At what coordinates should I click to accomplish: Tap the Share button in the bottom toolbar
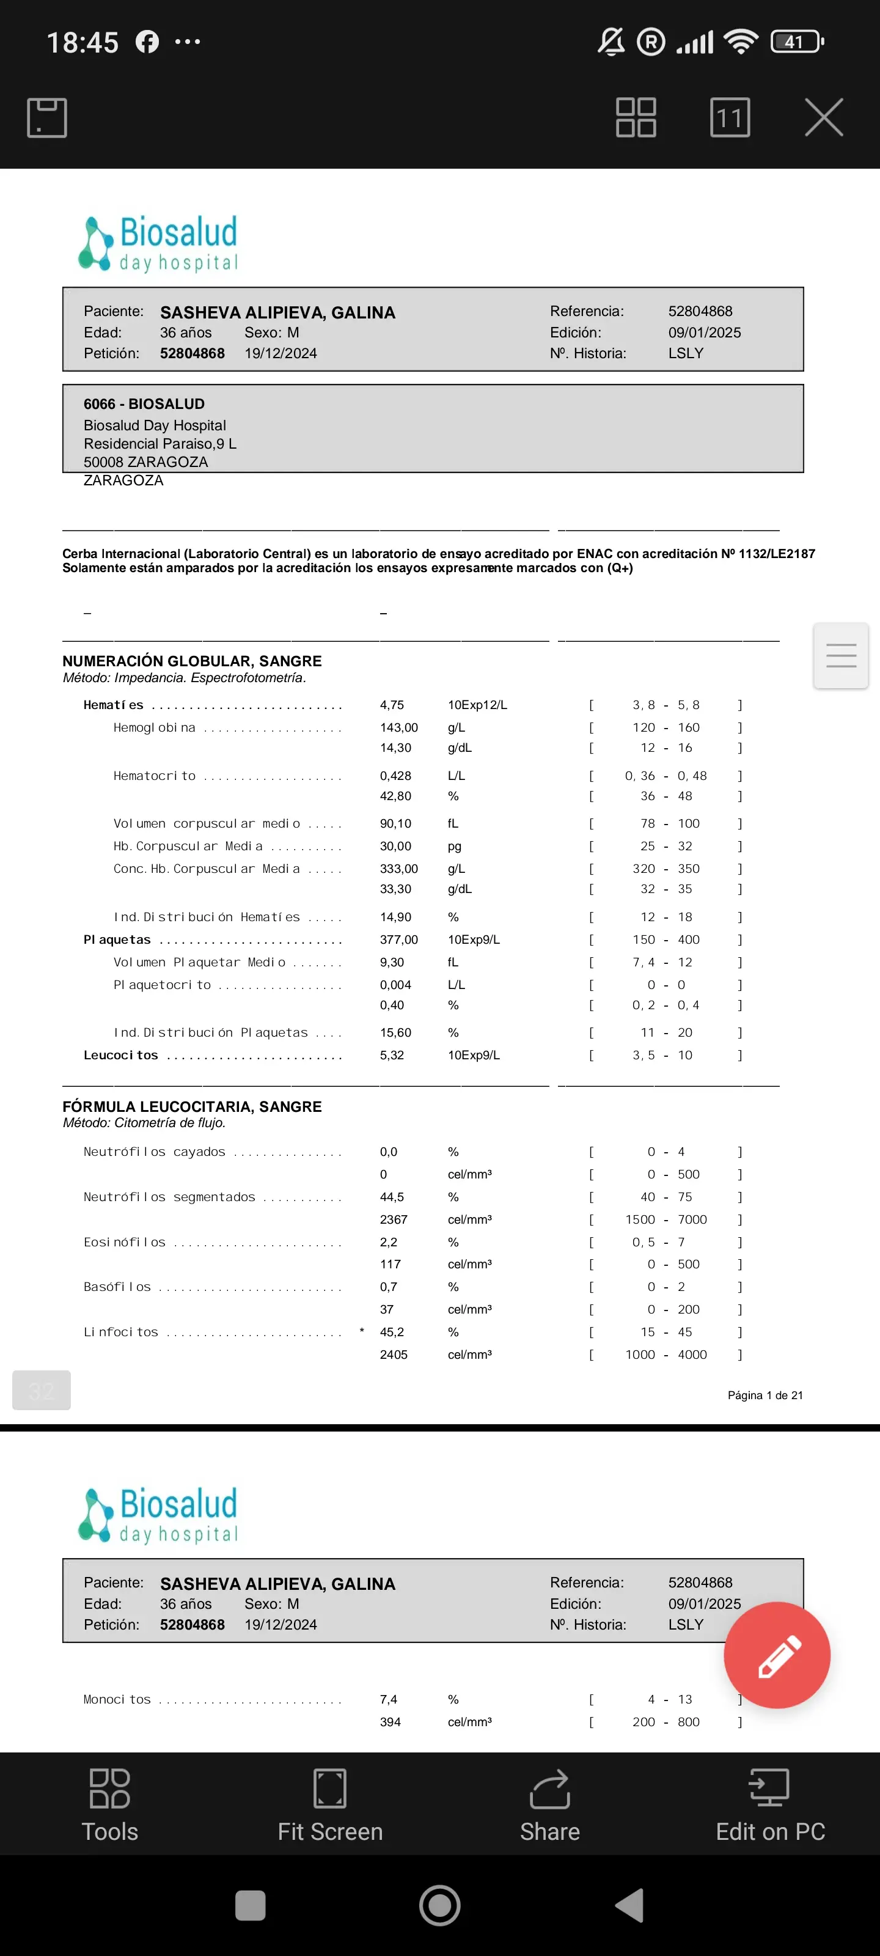(x=550, y=1806)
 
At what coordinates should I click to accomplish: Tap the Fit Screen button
(x=329, y=1806)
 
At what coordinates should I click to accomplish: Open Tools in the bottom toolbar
(x=110, y=1806)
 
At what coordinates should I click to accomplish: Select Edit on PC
(x=770, y=1806)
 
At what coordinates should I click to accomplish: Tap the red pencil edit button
(x=777, y=1655)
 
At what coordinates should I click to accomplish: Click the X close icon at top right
(x=824, y=118)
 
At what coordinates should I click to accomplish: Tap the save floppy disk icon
(x=47, y=118)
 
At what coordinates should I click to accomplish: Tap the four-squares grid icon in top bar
(x=636, y=118)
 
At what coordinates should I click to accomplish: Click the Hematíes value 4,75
(x=392, y=705)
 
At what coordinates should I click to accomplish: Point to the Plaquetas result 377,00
(x=398, y=940)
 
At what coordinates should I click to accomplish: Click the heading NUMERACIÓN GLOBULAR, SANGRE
(x=192, y=661)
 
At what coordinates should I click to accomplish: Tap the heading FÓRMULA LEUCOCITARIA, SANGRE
(x=192, y=1107)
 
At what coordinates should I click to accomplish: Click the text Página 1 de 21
(x=765, y=1395)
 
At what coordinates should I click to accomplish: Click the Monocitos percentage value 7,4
(x=388, y=1699)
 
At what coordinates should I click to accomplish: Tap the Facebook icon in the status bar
(x=147, y=42)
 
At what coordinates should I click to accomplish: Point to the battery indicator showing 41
(x=796, y=42)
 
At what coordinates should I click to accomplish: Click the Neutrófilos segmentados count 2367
(x=394, y=1219)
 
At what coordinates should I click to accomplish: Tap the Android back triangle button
(x=630, y=1905)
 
